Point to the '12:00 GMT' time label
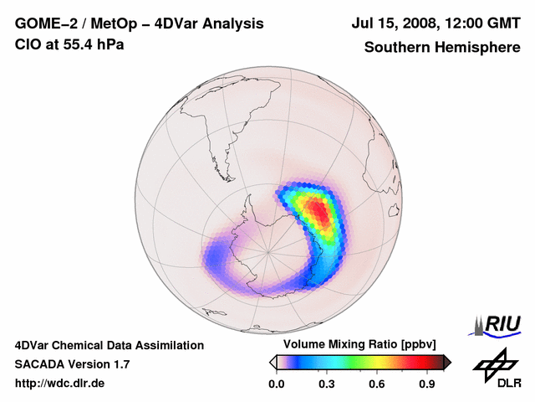pyautogui.click(x=481, y=24)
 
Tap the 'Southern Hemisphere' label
pyautogui.click(x=442, y=48)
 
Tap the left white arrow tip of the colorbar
pyautogui.click(x=272, y=362)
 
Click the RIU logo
pyautogui.click(x=498, y=324)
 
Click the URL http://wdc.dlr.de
pyautogui.click(x=60, y=384)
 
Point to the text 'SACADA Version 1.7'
pyautogui.click(x=72, y=364)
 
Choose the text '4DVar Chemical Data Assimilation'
pyautogui.click(x=109, y=345)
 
